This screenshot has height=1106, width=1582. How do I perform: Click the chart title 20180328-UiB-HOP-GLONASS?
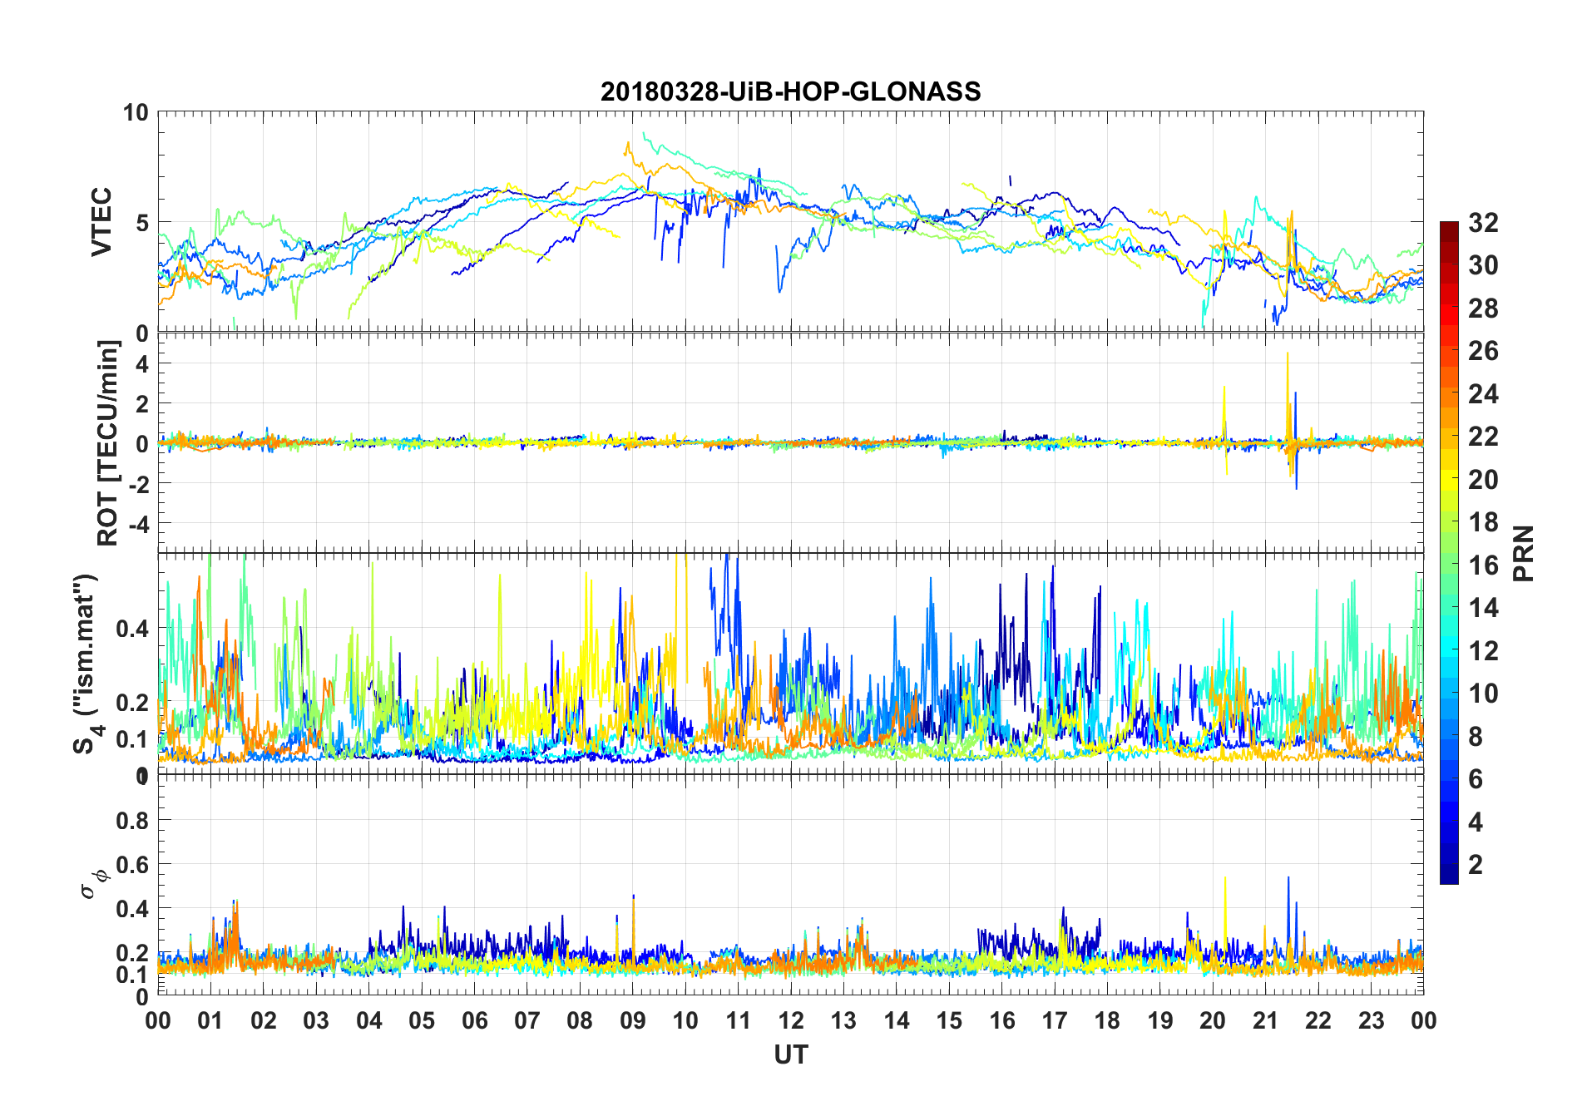(790, 91)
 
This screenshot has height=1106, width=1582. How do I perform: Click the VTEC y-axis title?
(101, 222)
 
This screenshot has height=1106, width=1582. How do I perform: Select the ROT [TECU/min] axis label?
(108, 442)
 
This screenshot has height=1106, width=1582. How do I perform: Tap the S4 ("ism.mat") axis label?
(87, 664)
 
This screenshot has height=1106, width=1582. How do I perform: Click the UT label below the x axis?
(790, 1055)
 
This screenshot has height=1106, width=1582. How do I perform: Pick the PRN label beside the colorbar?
(1524, 553)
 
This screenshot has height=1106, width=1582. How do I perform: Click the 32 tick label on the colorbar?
(1483, 223)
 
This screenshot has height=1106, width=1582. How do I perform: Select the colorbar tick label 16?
(1483, 565)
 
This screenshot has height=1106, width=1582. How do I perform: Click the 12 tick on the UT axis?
(791, 1021)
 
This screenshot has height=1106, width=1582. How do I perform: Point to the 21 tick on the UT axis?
(1265, 1021)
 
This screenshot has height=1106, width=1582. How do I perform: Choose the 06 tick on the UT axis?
(475, 1021)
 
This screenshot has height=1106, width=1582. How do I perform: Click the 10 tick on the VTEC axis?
(136, 112)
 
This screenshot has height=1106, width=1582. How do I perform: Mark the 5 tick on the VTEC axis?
(141, 223)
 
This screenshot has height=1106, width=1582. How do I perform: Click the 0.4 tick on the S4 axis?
(132, 629)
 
